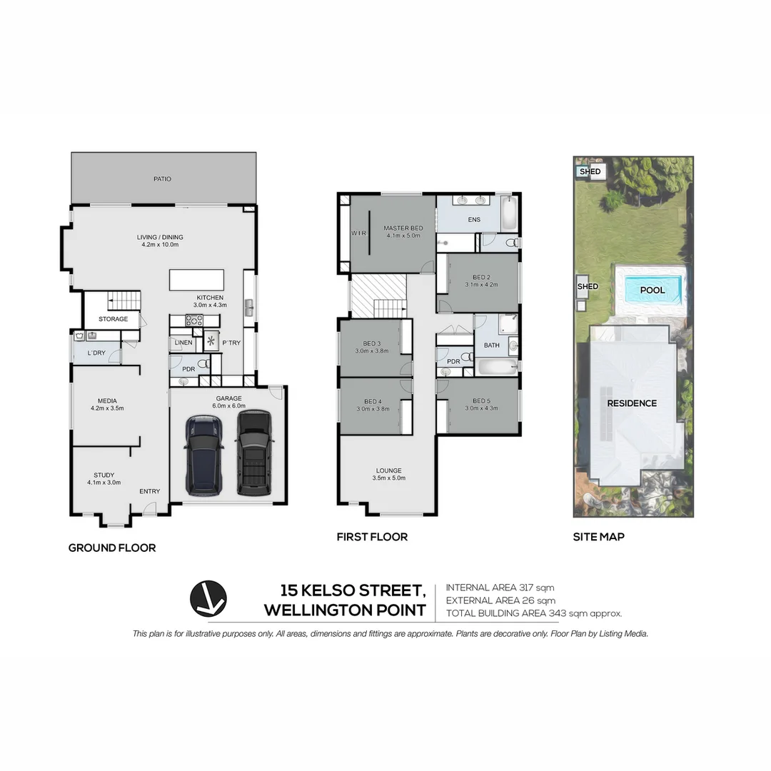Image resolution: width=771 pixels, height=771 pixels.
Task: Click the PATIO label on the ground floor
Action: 162,179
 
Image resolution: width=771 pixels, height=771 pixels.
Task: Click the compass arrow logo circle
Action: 208,598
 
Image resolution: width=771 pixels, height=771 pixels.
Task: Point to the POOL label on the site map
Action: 652,290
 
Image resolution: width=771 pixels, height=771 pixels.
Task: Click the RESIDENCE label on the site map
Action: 632,403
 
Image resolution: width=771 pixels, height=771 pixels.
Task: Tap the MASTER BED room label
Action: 403,228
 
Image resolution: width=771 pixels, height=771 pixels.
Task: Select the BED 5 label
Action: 481,400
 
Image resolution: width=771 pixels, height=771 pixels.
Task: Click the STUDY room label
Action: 104,475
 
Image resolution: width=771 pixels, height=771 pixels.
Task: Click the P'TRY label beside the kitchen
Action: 231,343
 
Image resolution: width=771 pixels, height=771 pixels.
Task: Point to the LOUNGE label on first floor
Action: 389,470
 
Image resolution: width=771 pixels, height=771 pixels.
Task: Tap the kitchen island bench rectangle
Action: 196,280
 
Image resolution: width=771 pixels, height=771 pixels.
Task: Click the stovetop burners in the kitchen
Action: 194,321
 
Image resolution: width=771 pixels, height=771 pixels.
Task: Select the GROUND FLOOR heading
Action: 112,548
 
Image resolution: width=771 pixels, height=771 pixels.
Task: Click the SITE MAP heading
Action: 598,536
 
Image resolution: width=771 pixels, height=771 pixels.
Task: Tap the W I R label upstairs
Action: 358,233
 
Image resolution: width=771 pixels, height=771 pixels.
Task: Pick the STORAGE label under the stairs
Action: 113,319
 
